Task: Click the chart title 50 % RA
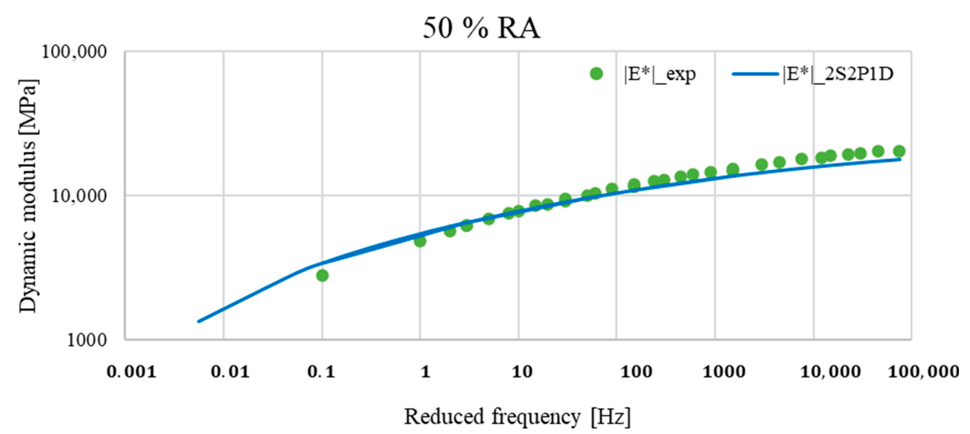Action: (x=481, y=28)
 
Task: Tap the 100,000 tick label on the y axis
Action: (x=74, y=52)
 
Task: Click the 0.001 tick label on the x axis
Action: (x=131, y=372)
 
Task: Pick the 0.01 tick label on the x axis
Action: (x=230, y=372)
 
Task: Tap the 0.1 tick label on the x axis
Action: (x=321, y=372)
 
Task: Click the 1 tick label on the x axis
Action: (x=425, y=372)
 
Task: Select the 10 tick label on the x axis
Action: (x=522, y=372)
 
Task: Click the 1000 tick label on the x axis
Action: (x=724, y=372)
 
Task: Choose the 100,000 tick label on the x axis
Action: (x=923, y=372)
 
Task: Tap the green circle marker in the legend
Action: (x=596, y=74)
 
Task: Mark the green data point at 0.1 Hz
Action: (x=322, y=275)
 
